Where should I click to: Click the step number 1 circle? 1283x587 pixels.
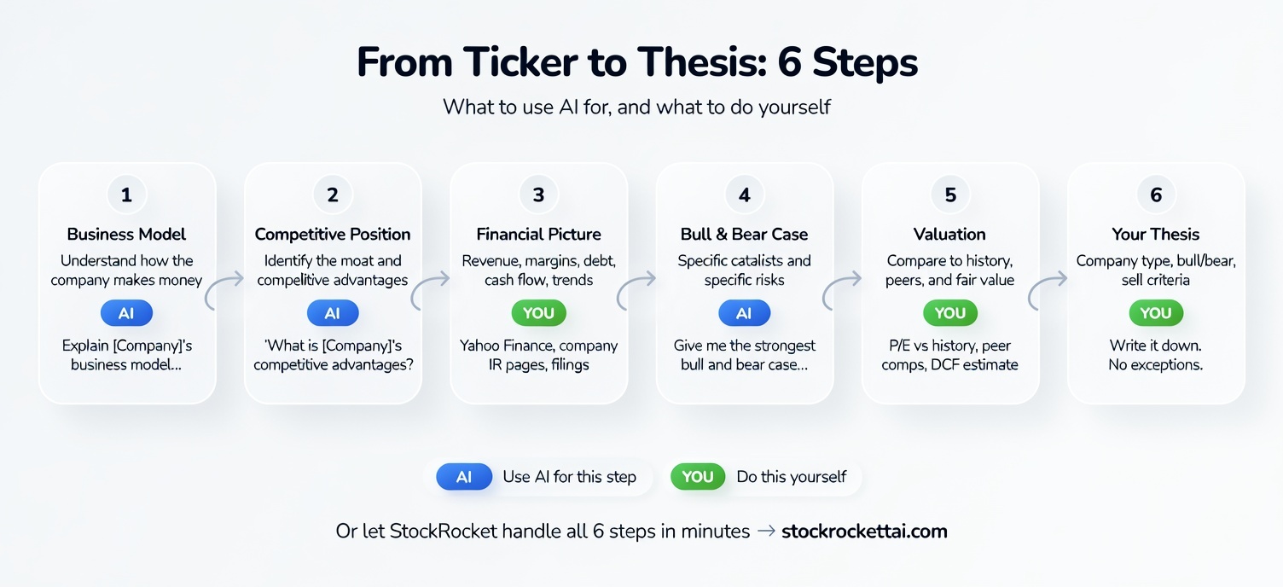point(126,195)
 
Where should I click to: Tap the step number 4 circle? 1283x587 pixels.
point(744,195)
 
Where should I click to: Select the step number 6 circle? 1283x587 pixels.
point(1156,195)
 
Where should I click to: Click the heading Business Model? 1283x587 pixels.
point(126,234)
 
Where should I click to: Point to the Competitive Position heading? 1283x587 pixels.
point(333,234)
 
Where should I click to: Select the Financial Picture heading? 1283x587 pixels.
point(538,234)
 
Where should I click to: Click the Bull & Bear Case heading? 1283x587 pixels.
point(744,234)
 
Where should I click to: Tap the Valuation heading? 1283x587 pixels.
point(949,234)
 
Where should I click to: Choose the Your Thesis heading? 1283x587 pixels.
point(1156,234)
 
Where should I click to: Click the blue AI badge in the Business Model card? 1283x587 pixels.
point(126,313)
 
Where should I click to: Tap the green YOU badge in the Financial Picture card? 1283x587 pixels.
point(538,313)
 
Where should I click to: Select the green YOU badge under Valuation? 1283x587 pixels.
point(949,313)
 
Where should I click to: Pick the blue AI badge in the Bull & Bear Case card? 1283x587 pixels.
point(744,313)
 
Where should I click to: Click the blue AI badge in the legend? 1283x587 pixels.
point(464,477)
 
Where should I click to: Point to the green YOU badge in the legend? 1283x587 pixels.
point(698,477)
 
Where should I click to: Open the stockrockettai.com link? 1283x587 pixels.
point(864,531)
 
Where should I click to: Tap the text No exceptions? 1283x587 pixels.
point(1156,365)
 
